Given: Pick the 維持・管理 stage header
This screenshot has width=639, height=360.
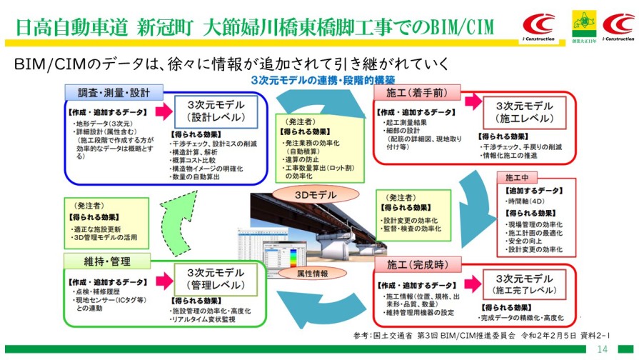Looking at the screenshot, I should point(98,260).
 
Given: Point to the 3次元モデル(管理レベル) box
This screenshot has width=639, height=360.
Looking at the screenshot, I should point(216,279).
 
